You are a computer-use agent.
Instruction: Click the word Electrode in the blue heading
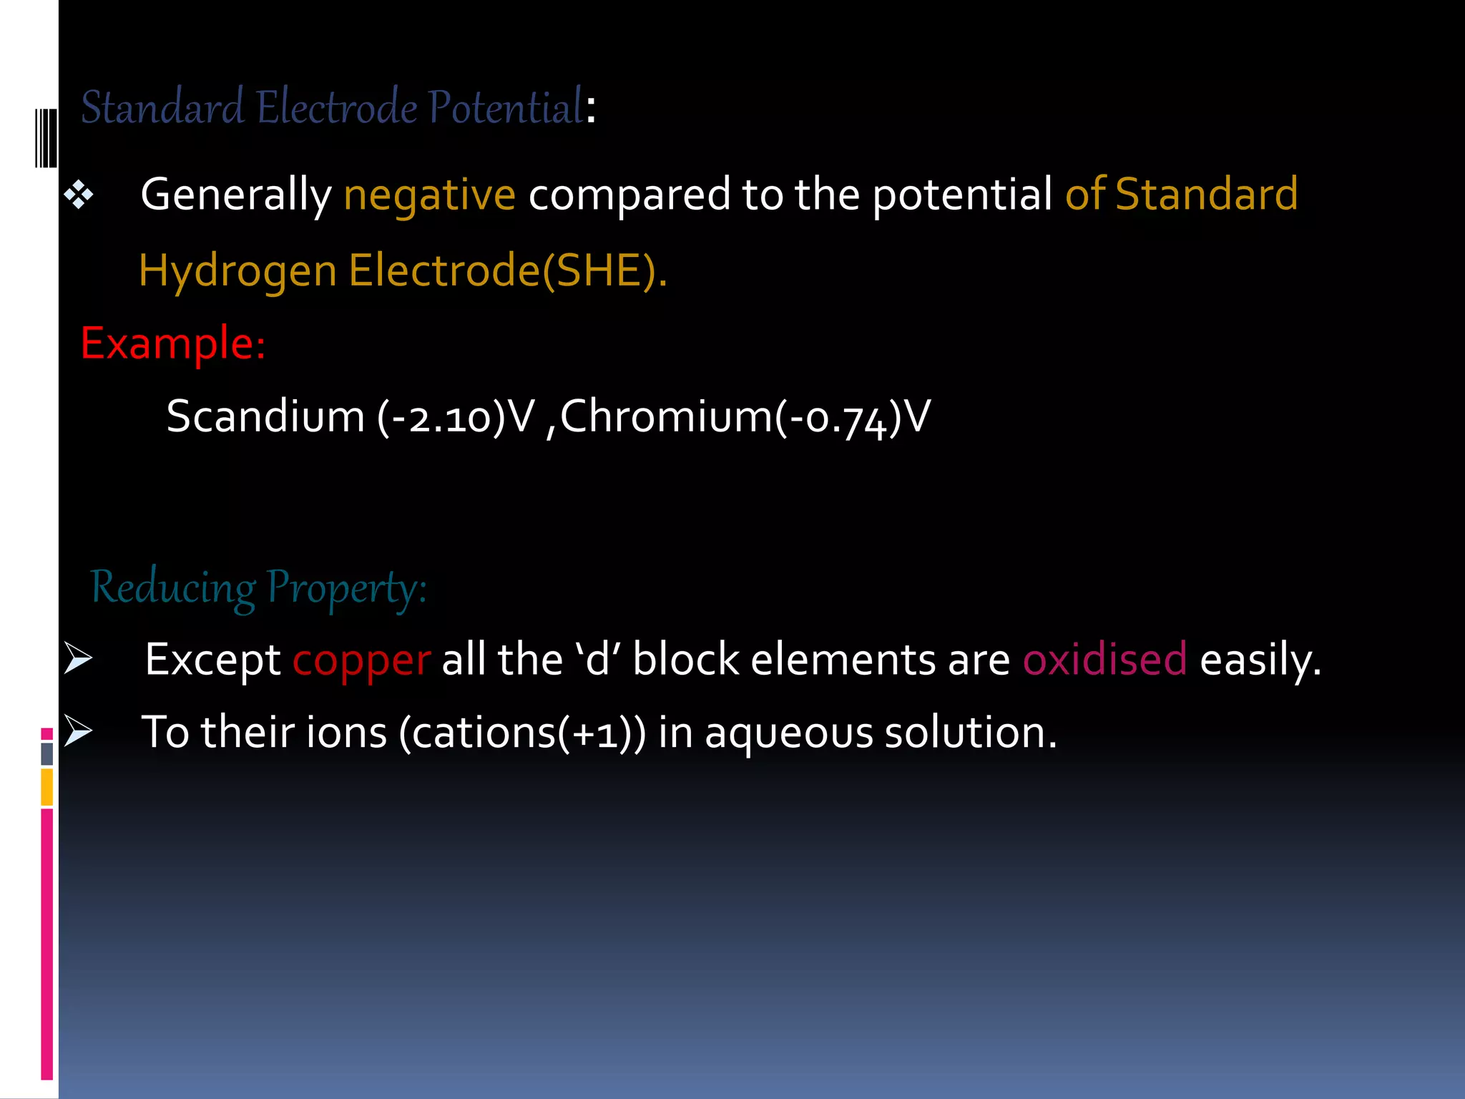click(x=336, y=108)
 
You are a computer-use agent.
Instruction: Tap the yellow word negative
click(x=429, y=195)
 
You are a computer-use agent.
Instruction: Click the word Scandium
click(x=265, y=416)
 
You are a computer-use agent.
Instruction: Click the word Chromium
click(x=666, y=416)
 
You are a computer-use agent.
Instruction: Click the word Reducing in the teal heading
click(x=172, y=589)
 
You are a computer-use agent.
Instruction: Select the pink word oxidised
click(x=1104, y=659)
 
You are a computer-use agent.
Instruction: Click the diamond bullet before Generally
click(x=79, y=195)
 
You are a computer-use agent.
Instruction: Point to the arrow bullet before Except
click(x=78, y=658)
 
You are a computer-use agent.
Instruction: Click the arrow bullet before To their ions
click(x=78, y=731)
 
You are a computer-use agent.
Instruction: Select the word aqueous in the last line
click(x=789, y=733)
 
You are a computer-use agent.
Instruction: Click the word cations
click(x=484, y=733)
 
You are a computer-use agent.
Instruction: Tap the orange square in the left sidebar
click(x=47, y=787)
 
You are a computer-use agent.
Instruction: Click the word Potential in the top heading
click(x=506, y=108)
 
